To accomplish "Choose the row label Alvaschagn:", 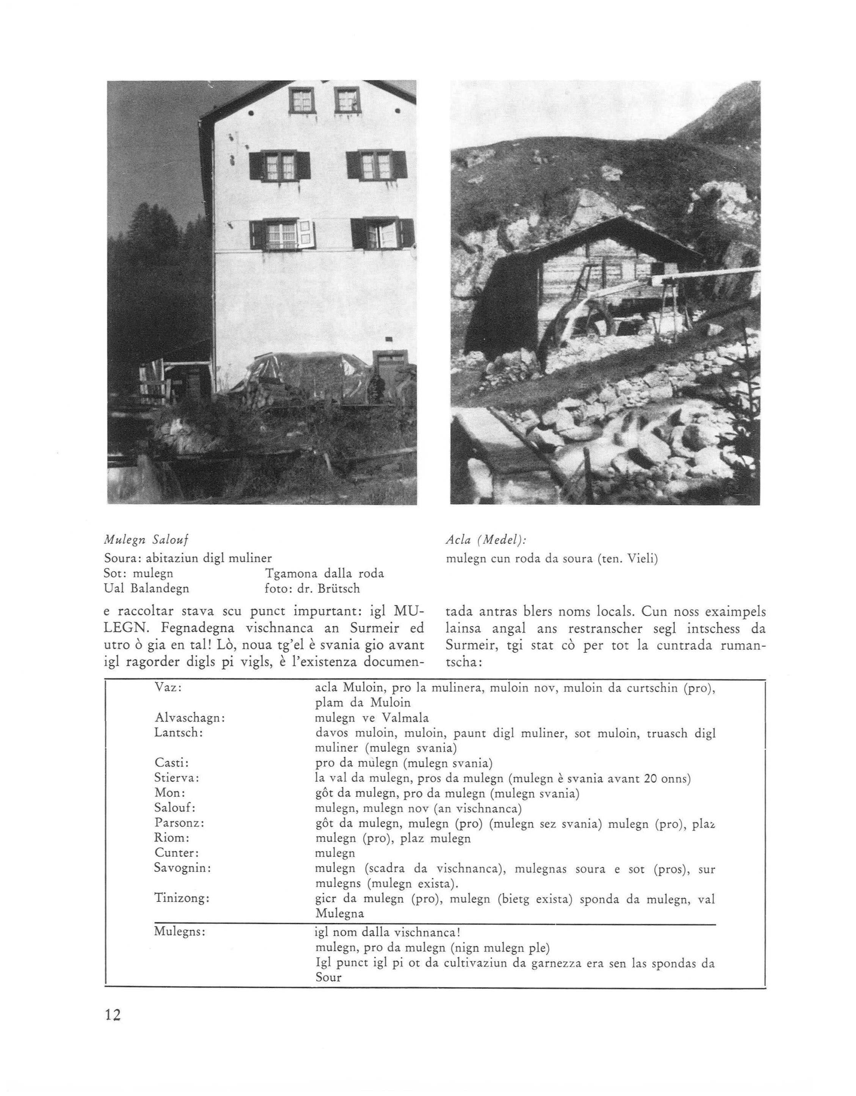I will [x=189, y=718].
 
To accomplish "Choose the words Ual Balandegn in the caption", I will [x=146, y=588].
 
